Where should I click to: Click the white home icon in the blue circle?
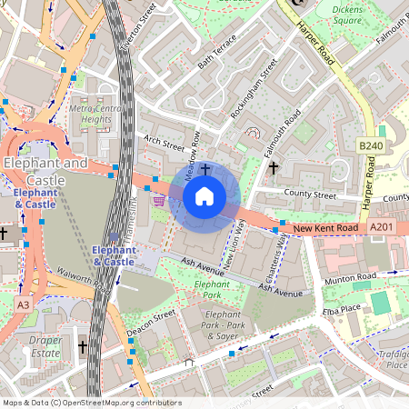[x=204, y=196]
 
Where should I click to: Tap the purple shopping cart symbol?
[x=160, y=200]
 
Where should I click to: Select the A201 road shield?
[x=382, y=227]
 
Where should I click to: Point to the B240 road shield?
[x=370, y=145]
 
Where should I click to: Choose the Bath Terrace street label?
[x=216, y=53]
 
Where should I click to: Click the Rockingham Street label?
[x=254, y=88]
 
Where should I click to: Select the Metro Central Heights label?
[x=96, y=114]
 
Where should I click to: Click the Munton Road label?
[x=349, y=274]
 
